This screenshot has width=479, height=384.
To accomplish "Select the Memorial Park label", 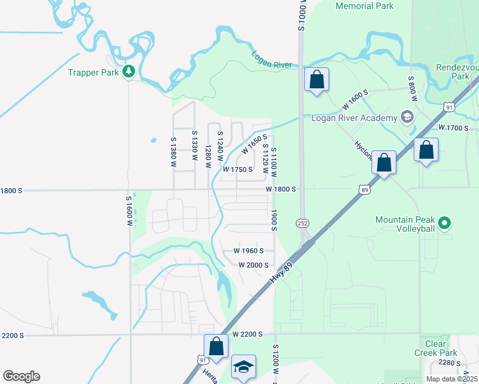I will click(x=364, y=6).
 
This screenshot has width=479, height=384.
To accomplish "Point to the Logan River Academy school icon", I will click(x=407, y=116).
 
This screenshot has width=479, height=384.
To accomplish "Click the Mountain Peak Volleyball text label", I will click(x=405, y=224).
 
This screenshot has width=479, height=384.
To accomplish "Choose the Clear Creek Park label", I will click(x=435, y=348).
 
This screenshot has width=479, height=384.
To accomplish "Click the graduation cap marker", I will click(x=243, y=367).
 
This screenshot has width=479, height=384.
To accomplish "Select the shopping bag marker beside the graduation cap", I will click(x=216, y=346).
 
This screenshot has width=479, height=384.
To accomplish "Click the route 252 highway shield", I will click(x=302, y=222).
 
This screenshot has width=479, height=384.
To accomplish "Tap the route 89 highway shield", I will click(x=364, y=189).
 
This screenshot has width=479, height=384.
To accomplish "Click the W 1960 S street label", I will click(x=250, y=251).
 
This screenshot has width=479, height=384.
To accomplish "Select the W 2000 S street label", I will click(x=253, y=265).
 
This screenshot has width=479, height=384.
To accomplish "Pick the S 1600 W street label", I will click(x=129, y=212).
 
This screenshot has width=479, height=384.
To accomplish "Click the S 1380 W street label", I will click(x=173, y=152).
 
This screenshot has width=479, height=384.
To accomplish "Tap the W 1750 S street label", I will click(x=238, y=170).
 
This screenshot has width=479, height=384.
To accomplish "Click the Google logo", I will click(x=21, y=376).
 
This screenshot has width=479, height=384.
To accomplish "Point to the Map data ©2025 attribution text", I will click(x=450, y=378).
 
